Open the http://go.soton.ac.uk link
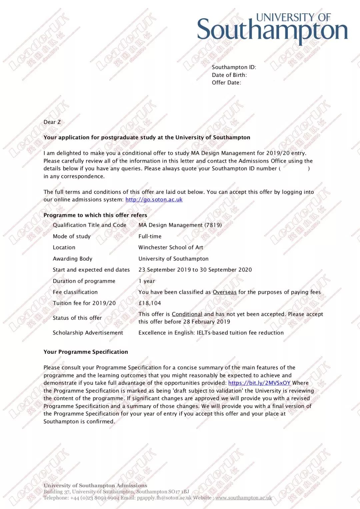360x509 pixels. (x=154, y=200)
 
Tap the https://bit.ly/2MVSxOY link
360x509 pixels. (x=259, y=383)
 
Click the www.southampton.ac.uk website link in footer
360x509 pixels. (x=243, y=498)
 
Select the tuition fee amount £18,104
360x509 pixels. (x=150, y=303)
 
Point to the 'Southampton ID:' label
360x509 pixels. (x=234, y=67)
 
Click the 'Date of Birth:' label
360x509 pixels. (x=229, y=75)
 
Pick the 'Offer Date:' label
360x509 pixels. (x=226, y=83)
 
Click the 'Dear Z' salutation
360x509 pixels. (x=52, y=122)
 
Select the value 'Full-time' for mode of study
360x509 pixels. (x=150, y=236)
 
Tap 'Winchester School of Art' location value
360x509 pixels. (x=171, y=248)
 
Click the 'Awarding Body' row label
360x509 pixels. (x=72, y=259)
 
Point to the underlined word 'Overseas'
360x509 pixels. (x=225, y=292)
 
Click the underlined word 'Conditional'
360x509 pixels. (x=187, y=314)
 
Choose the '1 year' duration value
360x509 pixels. (x=147, y=281)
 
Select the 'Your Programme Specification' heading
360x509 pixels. (x=86, y=352)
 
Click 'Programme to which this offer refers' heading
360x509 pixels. (x=95, y=215)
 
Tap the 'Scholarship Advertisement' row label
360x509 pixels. (x=88, y=333)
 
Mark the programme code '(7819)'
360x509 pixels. (x=213, y=225)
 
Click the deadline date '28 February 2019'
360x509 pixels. (x=207, y=322)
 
